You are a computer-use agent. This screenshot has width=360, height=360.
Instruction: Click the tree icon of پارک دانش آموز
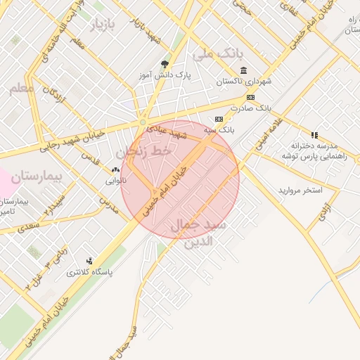click(165, 64)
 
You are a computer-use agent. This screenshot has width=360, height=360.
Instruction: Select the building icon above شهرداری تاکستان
click(243, 70)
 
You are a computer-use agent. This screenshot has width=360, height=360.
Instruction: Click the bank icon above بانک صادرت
click(250, 97)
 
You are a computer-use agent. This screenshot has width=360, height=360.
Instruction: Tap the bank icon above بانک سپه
click(219, 119)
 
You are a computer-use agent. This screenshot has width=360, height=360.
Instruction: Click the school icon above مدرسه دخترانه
click(314, 134)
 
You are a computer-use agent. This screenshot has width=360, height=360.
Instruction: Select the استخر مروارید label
click(300, 191)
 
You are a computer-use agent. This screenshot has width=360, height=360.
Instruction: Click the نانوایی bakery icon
click(115, 169)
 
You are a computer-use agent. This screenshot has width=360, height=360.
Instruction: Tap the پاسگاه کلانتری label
click(90, 271)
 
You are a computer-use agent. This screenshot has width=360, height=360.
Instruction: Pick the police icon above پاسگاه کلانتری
click(89, 261)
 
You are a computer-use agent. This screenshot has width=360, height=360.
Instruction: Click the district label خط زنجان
click(143, 151)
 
